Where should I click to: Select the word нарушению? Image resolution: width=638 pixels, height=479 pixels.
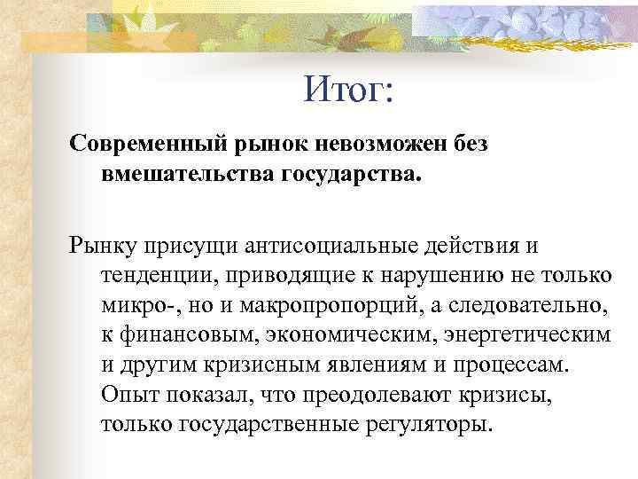450,275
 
